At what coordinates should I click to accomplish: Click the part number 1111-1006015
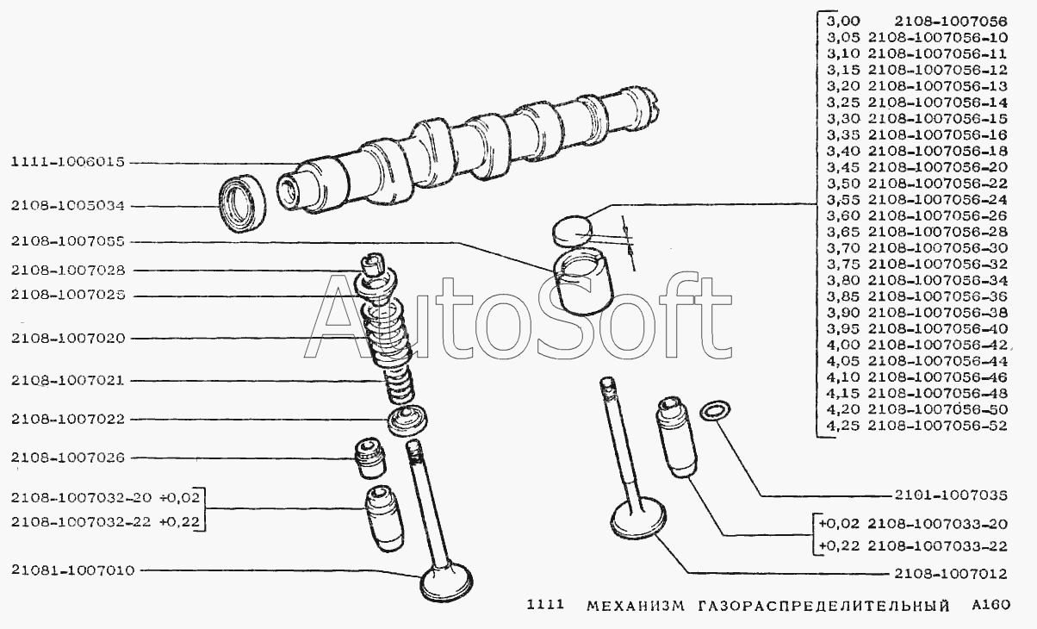coord(68,162)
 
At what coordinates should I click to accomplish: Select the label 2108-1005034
coord(68,206)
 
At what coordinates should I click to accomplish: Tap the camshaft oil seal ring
coord(242,203)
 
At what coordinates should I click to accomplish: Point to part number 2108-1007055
coord(68,242)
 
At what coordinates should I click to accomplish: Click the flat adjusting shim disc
coord(572,230)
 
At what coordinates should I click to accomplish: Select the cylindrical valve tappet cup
coord(583,281)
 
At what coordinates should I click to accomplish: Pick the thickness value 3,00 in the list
coord(843,22)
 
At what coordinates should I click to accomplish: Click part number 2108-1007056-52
coord(937,426)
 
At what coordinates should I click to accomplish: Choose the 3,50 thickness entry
coord(843,184)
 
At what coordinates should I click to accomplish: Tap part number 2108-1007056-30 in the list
coord(937,248)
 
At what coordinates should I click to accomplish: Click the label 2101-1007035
coord(951,495)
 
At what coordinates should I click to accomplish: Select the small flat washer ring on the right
coord(715,411)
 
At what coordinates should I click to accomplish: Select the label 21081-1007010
coord(72,570)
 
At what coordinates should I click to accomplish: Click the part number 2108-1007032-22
coord(81,522)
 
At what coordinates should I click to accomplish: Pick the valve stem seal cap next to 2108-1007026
coord(369,458)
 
